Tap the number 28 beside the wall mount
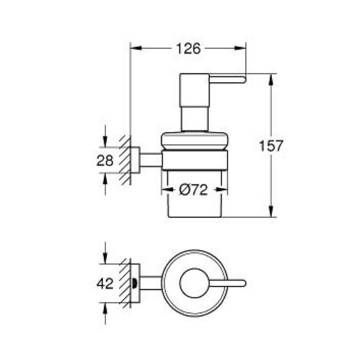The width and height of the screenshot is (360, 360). [x=105, y=161]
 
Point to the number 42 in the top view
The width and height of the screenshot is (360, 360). [x=105, y=283]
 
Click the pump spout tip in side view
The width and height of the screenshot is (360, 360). [x=242, y=79]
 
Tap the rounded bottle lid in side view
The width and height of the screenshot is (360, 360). [x=195, y=140]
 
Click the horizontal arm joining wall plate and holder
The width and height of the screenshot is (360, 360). [x=150, y=160]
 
